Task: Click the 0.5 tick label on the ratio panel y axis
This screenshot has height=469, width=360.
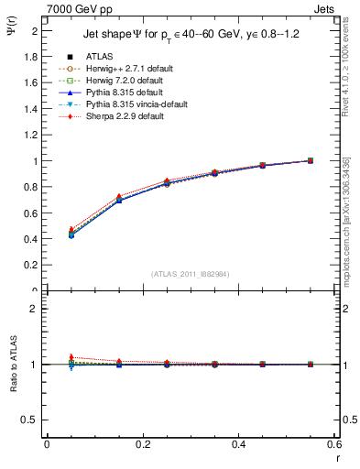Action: (32, 420)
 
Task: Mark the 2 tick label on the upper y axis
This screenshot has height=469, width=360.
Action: (35, 31)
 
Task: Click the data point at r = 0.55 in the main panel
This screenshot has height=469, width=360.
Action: (310, 160)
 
